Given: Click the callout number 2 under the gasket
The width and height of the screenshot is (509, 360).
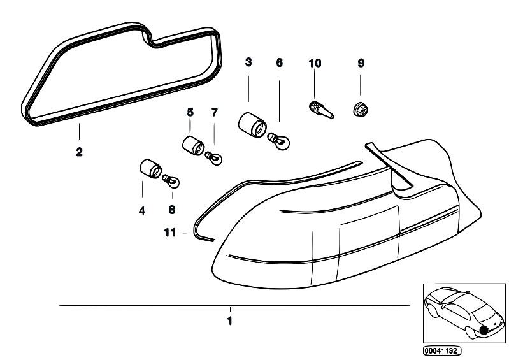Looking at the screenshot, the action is coord(79,152).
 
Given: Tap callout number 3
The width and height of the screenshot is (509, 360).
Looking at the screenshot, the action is coord(248,62).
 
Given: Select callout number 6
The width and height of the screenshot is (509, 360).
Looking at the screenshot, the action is coord(280,62).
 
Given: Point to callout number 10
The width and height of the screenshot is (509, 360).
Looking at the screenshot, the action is coord(315,63).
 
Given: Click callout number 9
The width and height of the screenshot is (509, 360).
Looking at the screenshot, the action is coord(361,63).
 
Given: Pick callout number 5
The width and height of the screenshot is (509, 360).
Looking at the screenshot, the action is coord(190,112).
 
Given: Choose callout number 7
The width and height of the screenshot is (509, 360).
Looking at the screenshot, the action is coord(214,112).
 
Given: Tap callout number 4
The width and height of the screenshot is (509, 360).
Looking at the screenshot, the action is coord(142,211).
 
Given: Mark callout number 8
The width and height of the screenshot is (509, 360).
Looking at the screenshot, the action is coord(172,210).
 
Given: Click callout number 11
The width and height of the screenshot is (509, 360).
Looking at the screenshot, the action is coord(170,233).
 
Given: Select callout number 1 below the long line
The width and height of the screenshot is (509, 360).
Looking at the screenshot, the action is coord(230,320).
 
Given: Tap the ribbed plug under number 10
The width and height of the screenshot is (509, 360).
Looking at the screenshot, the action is coord(320,110).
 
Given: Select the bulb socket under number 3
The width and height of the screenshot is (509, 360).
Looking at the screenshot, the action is coord(252,125).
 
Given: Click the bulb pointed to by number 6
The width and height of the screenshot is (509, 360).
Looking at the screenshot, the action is coord(278,141).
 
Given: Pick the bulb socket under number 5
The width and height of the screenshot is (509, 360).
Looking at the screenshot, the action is coord(193,146).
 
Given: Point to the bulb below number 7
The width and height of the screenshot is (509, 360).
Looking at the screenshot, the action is coord(213,158).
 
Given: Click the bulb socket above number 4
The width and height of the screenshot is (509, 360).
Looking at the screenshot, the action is coord(150,168).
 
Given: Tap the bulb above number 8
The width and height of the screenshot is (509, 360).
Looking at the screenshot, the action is coord(171,182).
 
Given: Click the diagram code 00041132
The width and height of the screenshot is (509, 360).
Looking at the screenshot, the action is coord(442,351).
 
